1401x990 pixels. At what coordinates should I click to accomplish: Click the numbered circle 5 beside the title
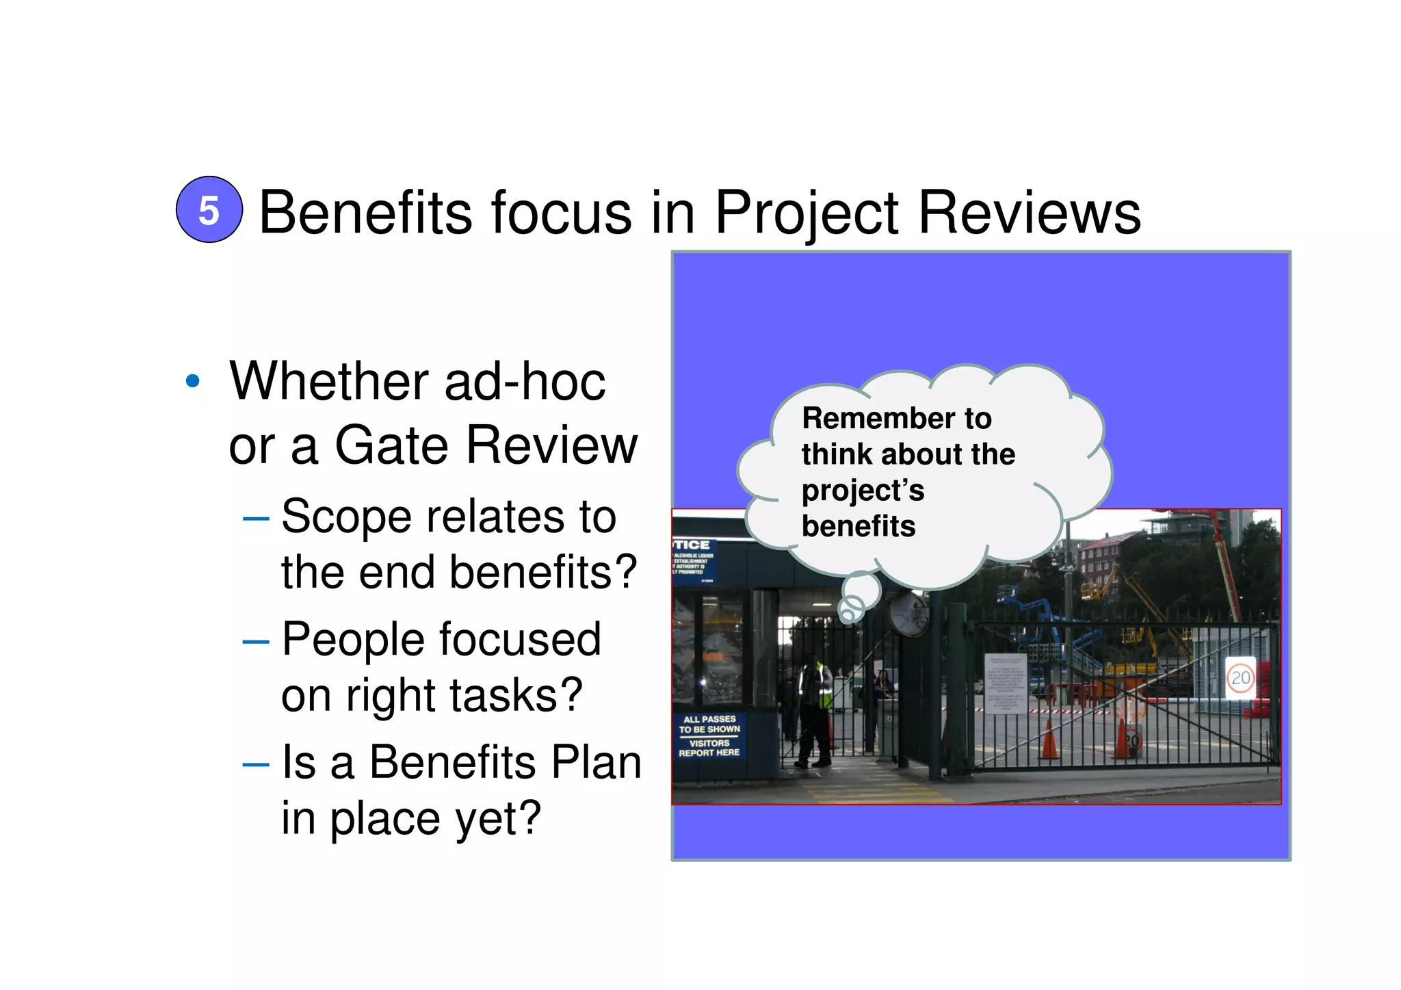pos(209,210)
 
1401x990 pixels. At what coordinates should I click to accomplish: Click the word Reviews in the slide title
pos(1030,213)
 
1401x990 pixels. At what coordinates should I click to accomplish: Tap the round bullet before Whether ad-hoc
pos(193,381)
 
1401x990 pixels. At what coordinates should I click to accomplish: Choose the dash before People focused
pos(255,642)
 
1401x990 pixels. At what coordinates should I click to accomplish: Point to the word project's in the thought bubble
pos(863,491)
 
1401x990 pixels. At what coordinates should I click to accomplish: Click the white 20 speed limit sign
pos(1240,678)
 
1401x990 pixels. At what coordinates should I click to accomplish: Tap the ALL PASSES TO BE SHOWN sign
pos(709,736)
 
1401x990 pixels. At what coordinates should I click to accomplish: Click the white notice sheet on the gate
pos(1005,685)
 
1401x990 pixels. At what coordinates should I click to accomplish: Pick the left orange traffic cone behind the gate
pos(1048,740)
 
